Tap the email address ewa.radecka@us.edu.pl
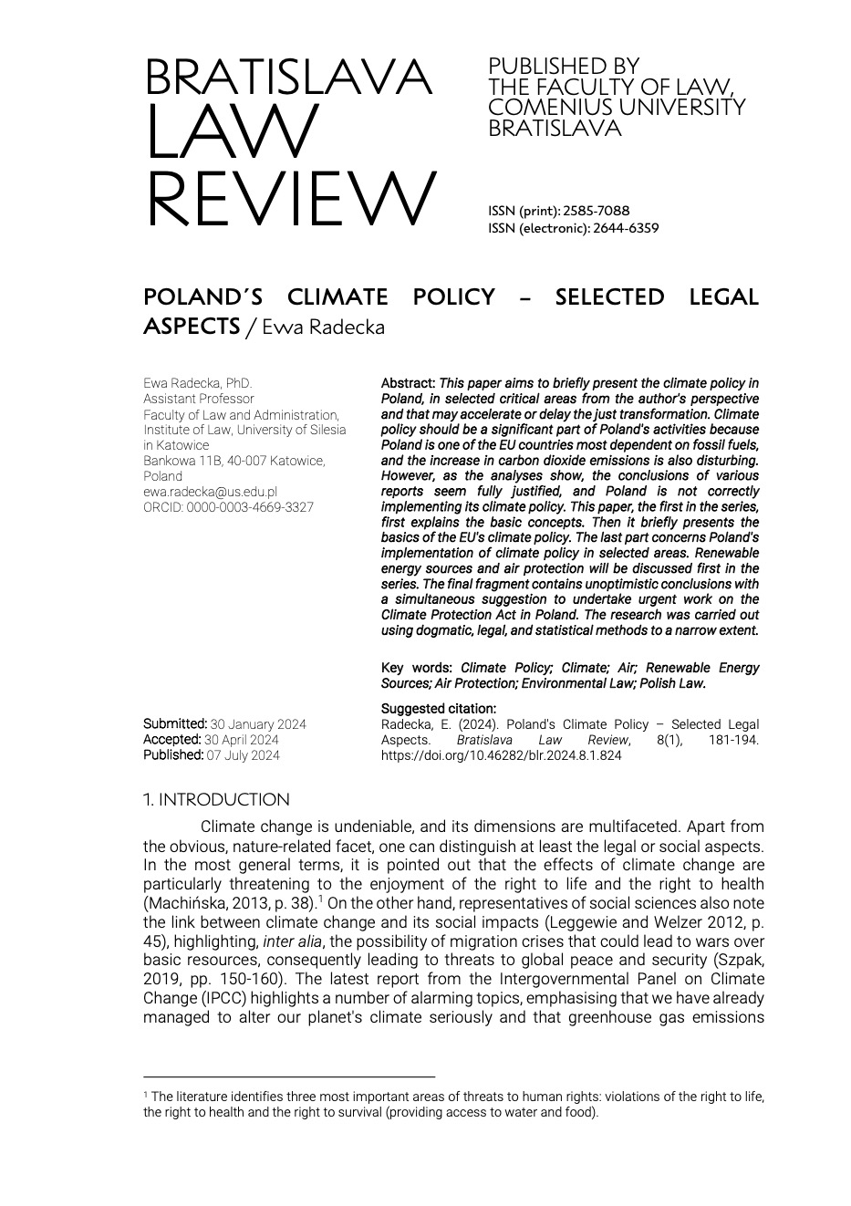tap(210, 492)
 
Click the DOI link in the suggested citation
tap(501, 755)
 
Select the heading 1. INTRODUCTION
tap(216, 800)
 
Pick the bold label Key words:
tap(417, 668)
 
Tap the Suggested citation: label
tap(439, 709)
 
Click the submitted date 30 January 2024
tap(258, 724)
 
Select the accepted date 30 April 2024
tap(242, 740)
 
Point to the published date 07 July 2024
tap(244, 755)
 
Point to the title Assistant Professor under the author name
tap(199, 399)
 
